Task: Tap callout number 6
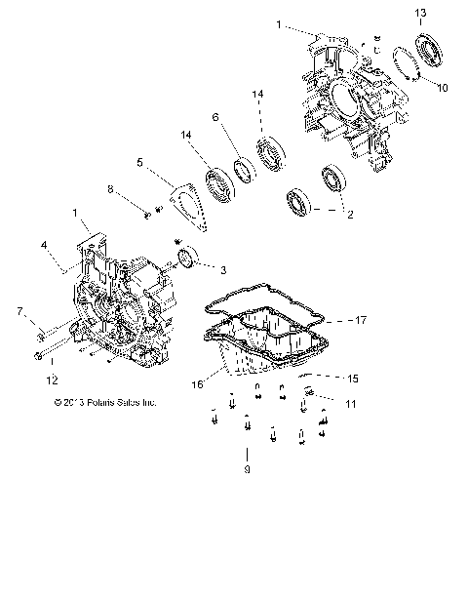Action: pyautogui.click(x=214, y=117)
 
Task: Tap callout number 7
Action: pyautogui.click(x=19, y=311)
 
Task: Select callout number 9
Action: pyautogui.click(x=247, y=470)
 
